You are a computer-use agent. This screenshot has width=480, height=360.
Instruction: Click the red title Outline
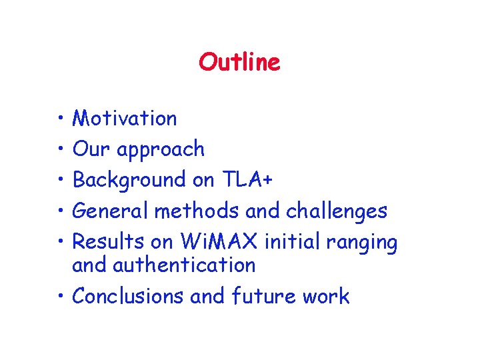click(x=239, y=63)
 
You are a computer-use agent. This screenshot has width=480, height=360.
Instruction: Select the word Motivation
click(x=125, y=119)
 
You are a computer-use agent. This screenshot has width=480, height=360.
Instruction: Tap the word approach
click(x=161, y=150)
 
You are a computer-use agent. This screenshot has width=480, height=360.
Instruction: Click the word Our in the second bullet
click(x=92, y=149)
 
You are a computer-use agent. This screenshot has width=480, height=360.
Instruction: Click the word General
click(x=111, y=211)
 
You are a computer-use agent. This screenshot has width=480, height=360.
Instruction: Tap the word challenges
click(x=336, y=211)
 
